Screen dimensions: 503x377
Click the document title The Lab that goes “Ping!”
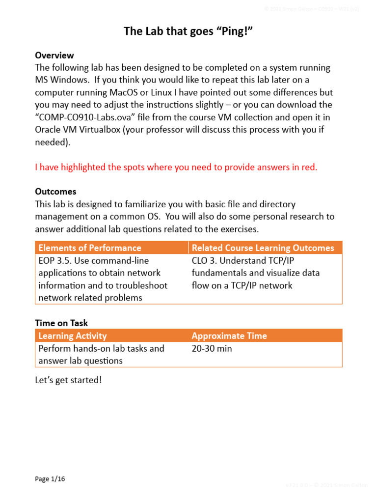[x=188, y=31]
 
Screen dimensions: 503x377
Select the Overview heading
[x=54, y=55]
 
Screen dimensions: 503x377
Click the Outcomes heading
[x=55, y=191]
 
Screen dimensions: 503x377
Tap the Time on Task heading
[x=61, y=323]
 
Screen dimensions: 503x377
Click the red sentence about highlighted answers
[x=176, y=167]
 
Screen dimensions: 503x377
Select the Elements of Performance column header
[x=90, y=248]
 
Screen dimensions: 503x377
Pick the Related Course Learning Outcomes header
[x=263, y=248]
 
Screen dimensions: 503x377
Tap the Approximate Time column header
[x=229, y=336]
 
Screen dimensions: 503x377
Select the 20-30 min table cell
[x=212, y=348]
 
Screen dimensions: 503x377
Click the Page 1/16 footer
[x=50, y=479]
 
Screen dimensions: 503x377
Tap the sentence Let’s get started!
[x=68, y=380]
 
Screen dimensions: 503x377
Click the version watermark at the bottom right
[x=326, y=485]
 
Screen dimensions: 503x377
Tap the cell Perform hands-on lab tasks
[x=101, y=348]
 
